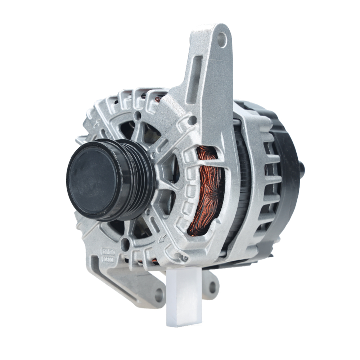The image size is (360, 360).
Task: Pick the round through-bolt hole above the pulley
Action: tap(137, 116)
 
